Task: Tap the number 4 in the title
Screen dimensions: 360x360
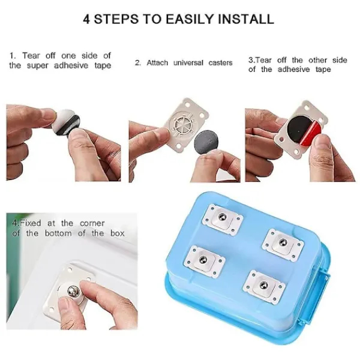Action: [x=86, y=19]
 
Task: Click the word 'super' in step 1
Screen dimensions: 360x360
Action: [x=38, y=66]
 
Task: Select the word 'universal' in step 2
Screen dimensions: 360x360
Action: [x=188, y=62]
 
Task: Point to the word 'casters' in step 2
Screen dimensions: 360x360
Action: [x=220, y=62]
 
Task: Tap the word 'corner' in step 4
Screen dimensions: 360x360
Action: [x=92, y=223]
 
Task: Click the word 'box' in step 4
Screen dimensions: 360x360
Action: [x=118, y=233]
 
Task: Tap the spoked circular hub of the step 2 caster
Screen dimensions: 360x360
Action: [x=181, y=124]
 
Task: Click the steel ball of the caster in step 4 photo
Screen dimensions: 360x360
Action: [x=74, y=291]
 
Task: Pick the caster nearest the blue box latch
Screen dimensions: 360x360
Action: [x=283, y=245]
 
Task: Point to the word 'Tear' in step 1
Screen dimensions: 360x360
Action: [x=31, y=56]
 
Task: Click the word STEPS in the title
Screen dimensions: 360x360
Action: [x=116, y=19]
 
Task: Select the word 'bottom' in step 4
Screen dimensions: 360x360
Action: [x=58, y=233]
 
